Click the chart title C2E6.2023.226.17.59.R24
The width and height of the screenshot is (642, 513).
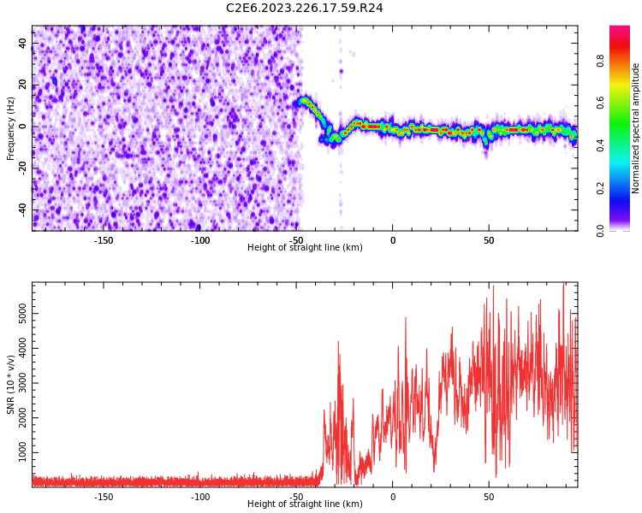tap(305, 9)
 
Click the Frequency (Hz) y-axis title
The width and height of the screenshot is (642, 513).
tap(11, 128)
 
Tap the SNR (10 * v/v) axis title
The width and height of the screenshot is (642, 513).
tap(11, 385)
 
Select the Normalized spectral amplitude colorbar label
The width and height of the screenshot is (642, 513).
tap(636, 128)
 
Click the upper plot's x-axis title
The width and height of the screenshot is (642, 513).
tap(305, 248)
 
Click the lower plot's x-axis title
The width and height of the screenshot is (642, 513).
tap(305, 504)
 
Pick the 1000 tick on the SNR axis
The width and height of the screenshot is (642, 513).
tap(23, 451)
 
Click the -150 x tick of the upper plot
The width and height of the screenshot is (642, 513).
tap(104, 240)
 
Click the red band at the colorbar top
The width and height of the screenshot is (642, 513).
tap(620, 31)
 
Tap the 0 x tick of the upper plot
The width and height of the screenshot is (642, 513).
tap(392, 240)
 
